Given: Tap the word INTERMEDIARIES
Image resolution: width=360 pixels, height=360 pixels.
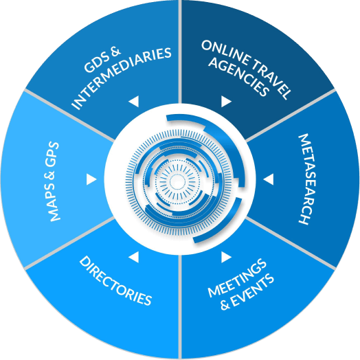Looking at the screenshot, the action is click(x=122, y=78).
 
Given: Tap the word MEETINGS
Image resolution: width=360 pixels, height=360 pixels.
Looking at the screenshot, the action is click(x=237, y=278).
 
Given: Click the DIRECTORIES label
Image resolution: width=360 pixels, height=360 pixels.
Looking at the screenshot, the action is click(x=115, y=280).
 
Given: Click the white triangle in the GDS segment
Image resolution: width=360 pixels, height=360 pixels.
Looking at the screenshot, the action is click(x=134, y=101).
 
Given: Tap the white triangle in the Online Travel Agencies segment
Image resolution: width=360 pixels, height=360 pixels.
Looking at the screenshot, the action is click(x=226, y=101).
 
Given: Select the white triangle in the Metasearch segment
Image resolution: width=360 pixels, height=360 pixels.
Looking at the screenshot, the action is click(x=268, y=179).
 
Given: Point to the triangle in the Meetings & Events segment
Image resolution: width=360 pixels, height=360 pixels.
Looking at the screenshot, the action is click(x=226, y=257).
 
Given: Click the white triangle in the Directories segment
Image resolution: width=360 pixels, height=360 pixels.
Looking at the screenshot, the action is click(x=134, y=257).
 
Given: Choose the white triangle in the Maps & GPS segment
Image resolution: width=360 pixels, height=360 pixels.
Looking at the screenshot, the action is click(x=91, y=179).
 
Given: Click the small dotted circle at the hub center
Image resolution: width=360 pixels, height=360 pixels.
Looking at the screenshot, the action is click(x=177, y=181).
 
